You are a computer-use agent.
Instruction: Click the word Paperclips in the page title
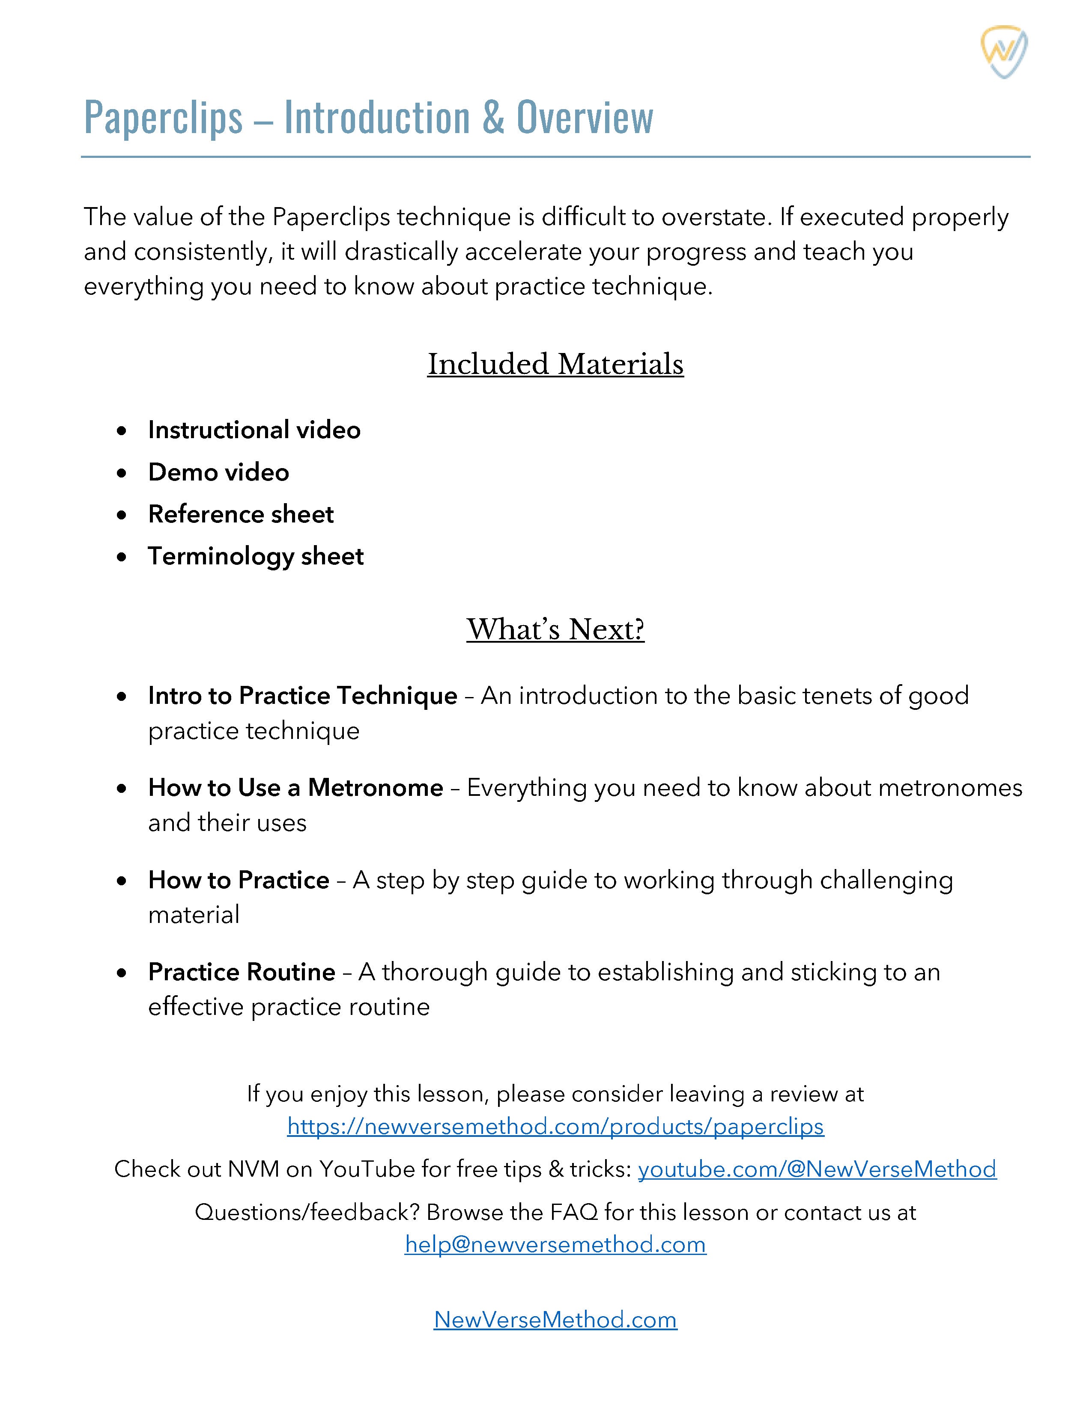coord(163,118)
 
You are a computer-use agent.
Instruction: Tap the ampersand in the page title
coord(493,118)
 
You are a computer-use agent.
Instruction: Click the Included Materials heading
coord(555,364)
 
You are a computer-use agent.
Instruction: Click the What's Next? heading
coord(555,629)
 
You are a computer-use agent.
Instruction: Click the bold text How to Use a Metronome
coord(295,787)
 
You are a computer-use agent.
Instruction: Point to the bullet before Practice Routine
coord(122,973)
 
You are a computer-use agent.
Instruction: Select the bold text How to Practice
coord(238,880)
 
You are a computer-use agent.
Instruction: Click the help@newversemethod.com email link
coord(555,1245)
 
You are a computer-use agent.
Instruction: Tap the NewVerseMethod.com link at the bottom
coord(555,1320)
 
